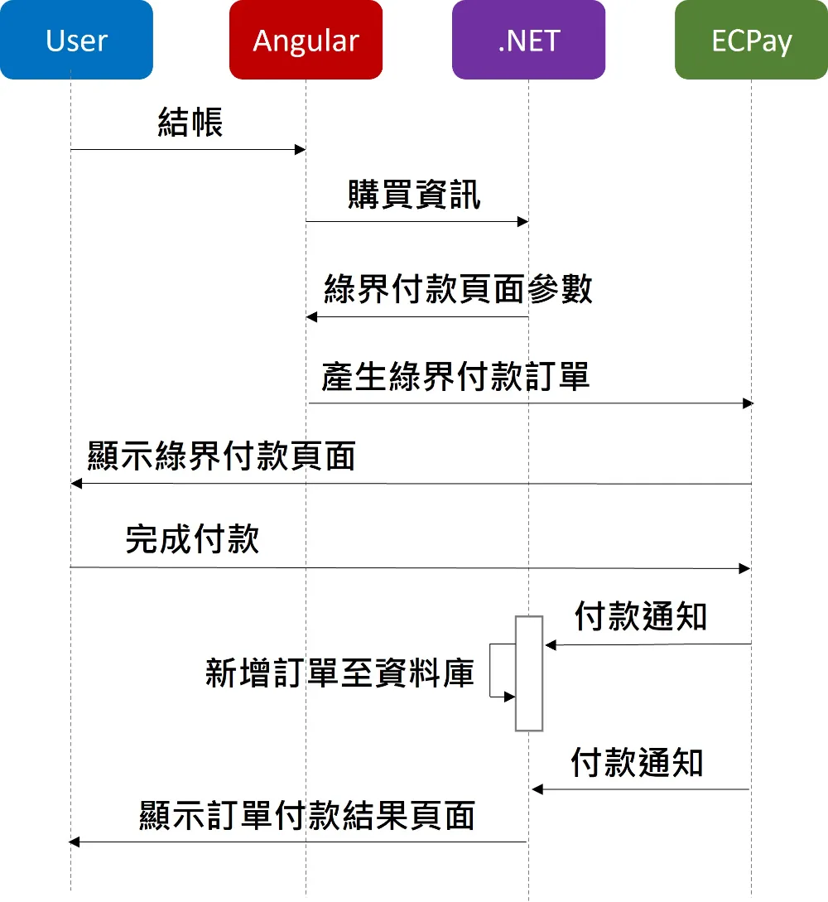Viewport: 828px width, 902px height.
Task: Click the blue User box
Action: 76,40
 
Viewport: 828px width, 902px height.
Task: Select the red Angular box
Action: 306,40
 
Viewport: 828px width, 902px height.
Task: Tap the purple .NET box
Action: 528,40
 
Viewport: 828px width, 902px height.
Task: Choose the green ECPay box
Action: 752,40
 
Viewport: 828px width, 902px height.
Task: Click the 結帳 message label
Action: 190,122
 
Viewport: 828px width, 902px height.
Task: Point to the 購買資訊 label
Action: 414,195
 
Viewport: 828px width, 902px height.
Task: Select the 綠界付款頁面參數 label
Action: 458,288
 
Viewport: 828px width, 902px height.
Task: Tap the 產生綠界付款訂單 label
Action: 455,377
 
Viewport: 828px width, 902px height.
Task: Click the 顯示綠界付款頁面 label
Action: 221,456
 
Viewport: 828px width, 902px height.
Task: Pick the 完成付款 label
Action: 193,539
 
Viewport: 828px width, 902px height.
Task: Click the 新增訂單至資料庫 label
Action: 339,673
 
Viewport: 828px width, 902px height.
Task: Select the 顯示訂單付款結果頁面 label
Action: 307,816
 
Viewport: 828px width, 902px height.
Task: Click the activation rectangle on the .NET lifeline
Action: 529,673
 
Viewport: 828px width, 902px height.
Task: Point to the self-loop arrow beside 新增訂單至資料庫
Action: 490,671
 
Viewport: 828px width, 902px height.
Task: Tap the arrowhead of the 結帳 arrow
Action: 300,150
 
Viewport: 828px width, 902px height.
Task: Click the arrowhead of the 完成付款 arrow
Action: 744,568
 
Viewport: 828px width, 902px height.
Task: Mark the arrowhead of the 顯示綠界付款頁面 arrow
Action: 76,484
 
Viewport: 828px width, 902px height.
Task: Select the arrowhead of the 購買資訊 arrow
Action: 522,221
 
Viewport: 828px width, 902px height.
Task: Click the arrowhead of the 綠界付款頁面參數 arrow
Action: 311,317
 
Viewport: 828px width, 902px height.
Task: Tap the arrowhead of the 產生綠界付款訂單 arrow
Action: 748,403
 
